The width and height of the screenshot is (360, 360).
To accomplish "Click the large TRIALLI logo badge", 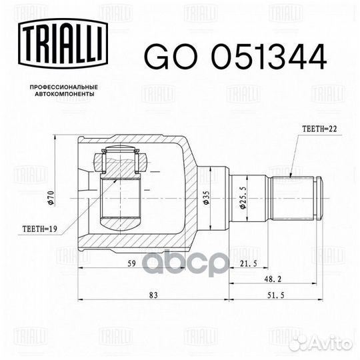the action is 63,43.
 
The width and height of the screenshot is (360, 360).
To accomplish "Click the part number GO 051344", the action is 235,57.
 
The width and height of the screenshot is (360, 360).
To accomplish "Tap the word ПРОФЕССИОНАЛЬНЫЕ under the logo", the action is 64,87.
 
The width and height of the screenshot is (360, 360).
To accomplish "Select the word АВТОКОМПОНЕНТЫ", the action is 65,94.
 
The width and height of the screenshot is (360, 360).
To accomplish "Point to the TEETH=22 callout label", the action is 320,129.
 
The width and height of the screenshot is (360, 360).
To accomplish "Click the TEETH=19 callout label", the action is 40,229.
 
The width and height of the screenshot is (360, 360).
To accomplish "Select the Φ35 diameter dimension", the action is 206,198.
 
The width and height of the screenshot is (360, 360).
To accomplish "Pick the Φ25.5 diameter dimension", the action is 243,197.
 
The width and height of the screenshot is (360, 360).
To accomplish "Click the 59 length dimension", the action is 132,263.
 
